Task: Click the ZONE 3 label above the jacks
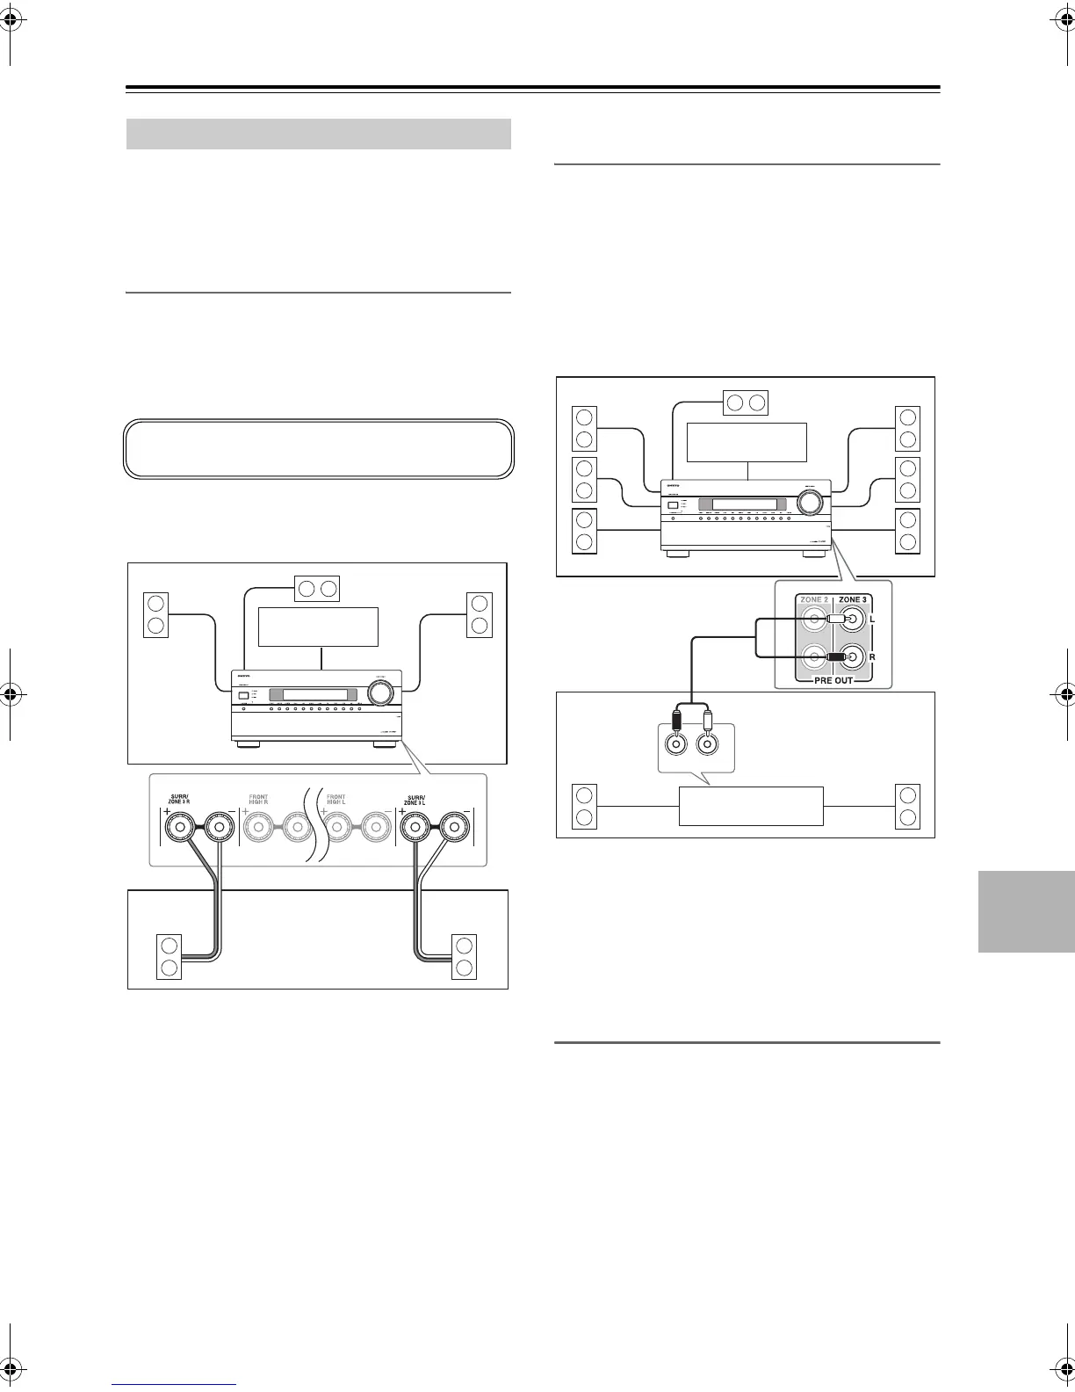[852, 599]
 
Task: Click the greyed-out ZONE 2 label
[813, 599]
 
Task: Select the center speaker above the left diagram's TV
[316, 588]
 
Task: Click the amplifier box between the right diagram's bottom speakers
[751, 806]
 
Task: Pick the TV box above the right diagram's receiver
[747, 442]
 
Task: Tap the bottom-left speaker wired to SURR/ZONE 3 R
[170, 958]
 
